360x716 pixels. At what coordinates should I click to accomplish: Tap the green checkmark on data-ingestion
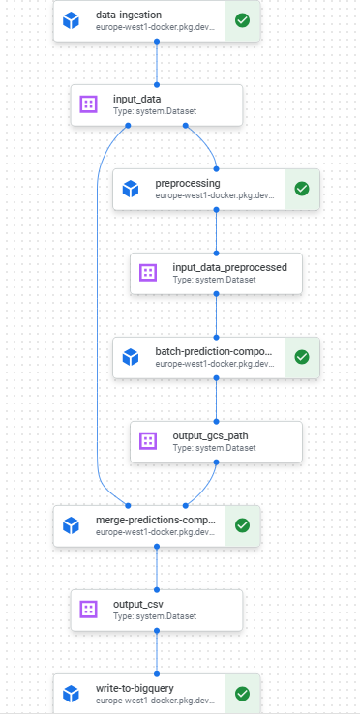pos(242,20)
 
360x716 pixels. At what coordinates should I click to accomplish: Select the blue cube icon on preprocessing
pos(131,189)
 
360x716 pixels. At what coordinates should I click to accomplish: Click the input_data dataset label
pos(138,99)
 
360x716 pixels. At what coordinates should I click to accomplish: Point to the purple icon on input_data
pos(88,104)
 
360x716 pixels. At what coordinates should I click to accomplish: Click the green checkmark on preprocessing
pos(301,189)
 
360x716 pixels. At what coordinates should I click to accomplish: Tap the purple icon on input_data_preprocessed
pos(148,273)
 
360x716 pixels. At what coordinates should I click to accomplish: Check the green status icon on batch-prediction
pos(301,357)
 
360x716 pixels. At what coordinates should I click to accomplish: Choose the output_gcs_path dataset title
pos(209,434)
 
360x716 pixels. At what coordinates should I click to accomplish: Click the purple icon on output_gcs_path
pos(148,441)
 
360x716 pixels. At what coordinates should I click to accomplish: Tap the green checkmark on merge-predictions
pos(242,525)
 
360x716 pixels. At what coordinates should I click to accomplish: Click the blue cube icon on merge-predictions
pos(71,525)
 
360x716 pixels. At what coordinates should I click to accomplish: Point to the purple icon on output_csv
pos(88,610)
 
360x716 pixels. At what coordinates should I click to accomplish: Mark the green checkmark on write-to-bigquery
pos(242,694)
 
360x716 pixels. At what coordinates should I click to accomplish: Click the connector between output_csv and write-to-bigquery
pos(157,652)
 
